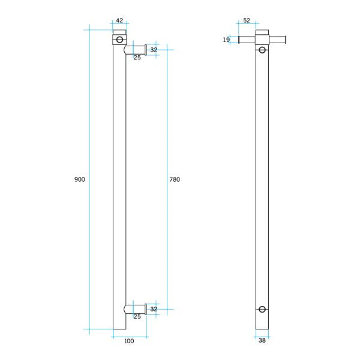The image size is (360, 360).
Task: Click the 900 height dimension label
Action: [80, 179]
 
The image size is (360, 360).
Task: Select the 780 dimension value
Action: [175, 179]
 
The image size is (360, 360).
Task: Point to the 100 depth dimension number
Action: [129, 341]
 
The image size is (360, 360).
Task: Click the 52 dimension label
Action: [246, 20]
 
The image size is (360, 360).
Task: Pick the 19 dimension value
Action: [226, 40]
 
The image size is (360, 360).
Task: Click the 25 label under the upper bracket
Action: [137, 58]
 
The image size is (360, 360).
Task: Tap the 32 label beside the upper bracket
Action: [154, 50]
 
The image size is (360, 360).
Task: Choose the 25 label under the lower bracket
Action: [137, 316]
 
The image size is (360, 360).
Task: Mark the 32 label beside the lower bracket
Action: [154, 309]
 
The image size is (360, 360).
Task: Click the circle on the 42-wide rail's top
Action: [119, 40]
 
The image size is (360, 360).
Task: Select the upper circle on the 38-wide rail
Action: [262, 50]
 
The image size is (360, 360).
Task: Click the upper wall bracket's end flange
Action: [146, 50]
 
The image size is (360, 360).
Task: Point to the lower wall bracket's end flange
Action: [146, 309]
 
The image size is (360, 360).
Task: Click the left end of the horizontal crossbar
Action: [240, 40]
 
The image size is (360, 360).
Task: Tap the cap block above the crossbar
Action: [262, 32]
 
